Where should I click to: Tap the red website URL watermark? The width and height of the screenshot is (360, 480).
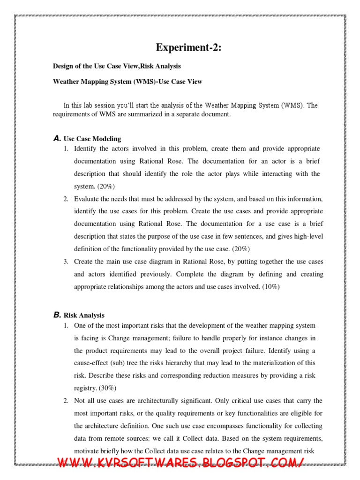(180, 463)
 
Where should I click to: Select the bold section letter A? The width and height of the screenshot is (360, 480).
(57, 139)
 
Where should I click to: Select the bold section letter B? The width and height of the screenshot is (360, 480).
(57, 315)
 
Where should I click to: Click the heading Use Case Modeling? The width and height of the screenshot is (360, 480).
(92, 139)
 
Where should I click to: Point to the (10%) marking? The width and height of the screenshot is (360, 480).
(269, 287)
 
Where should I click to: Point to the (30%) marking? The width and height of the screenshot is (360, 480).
(106, 388)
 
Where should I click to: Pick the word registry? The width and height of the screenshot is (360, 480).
(85, 388)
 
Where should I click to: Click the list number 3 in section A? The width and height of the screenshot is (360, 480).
(66, 262)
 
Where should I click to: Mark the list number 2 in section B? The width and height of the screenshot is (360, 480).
(66, 401)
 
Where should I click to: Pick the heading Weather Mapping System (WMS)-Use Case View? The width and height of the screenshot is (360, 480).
(127, 82)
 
